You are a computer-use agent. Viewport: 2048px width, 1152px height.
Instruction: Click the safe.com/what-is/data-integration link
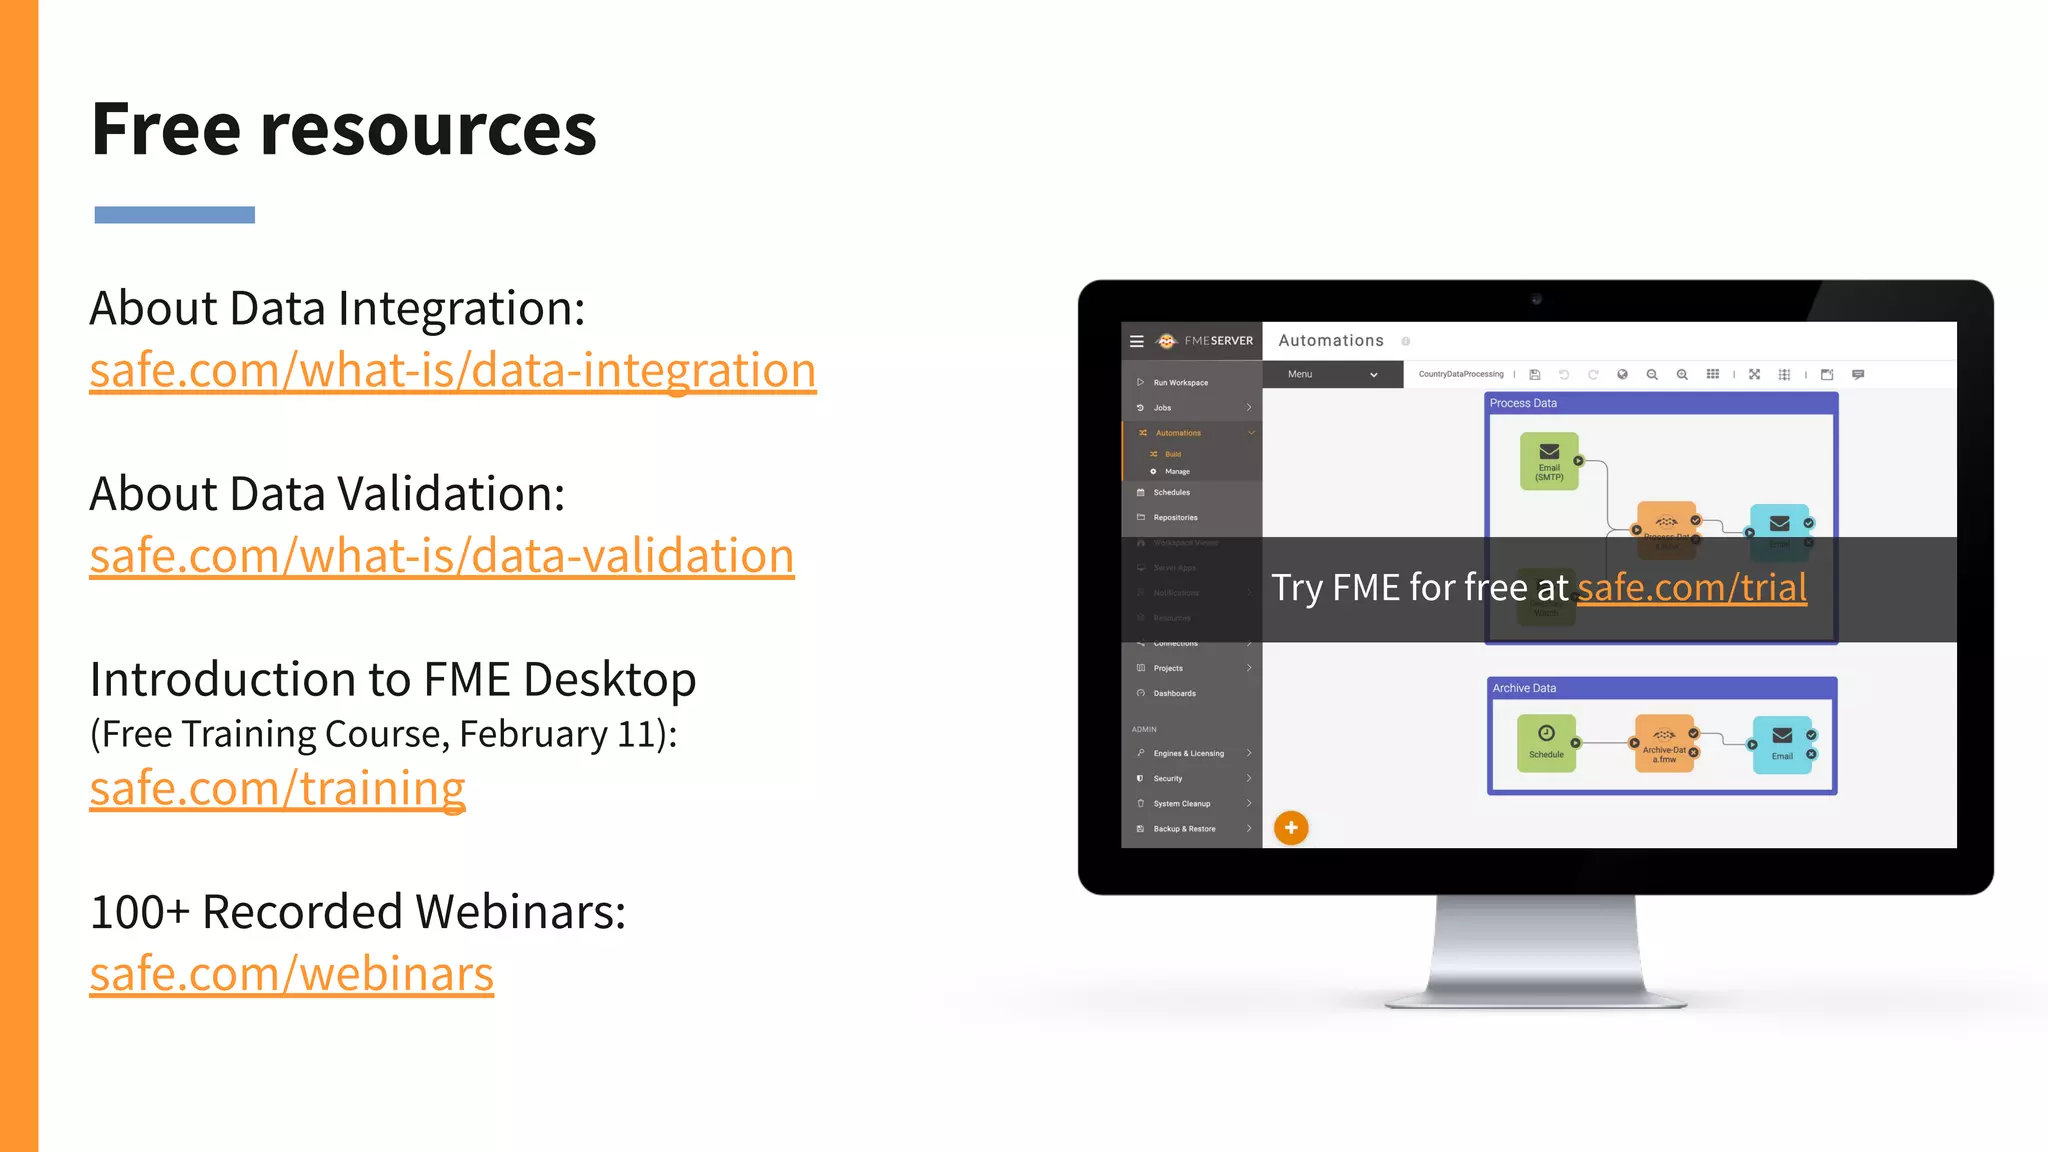pyautogui.click(x=452, y=371)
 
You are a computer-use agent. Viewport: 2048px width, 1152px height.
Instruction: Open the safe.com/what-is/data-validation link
pyautogui.click(x=441, y=556)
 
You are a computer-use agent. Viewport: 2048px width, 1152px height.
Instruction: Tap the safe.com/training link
pyautogui.click(x=277, y=789)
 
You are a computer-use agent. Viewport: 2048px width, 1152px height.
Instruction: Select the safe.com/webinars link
pyautogui.click(x=291, y=974)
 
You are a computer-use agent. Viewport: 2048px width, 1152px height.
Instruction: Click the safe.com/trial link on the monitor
pyautogui.click(x=1691, y=588)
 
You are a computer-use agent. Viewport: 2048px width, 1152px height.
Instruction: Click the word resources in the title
pyautogui.click(x=427, y=130)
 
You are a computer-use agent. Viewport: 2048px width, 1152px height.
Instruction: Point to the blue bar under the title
pyautogui.click(x=174, y=215)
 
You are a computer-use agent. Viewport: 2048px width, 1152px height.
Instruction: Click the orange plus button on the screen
pyautogui.click(x=1291, y=828)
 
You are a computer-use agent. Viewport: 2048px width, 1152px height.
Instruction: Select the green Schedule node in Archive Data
pyautogui.click(x=1546, y=742)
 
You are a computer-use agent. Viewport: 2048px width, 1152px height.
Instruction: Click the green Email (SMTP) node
pyautogui.click(x=1549, y=460)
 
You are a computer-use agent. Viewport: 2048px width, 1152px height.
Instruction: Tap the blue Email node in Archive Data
pyautogui.click(x=1782, y=744)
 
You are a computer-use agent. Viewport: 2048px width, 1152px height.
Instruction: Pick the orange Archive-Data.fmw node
pyautogui.click(x=1664, y=743)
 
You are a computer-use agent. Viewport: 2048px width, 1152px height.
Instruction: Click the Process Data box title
pyautogui.click(x=1523, y=403)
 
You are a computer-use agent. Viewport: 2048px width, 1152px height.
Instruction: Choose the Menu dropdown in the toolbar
pyautogui.click(x=1332, y=374)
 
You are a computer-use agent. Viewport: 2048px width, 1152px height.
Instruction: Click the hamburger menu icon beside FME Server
pyautogui.click(x=1137, y=341)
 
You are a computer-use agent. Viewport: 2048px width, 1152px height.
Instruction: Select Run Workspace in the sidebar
pyautogui.click(x=1180, y=383)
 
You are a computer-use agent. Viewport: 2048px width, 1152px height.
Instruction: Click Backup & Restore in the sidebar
pyautogui.click(x=1184, y=829)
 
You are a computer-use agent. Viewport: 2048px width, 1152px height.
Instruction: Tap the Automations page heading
pyautogui.click(x=1330, y=341)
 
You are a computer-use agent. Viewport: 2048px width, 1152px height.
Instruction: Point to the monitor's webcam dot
pyautogui.click(x=1537, y=299)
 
